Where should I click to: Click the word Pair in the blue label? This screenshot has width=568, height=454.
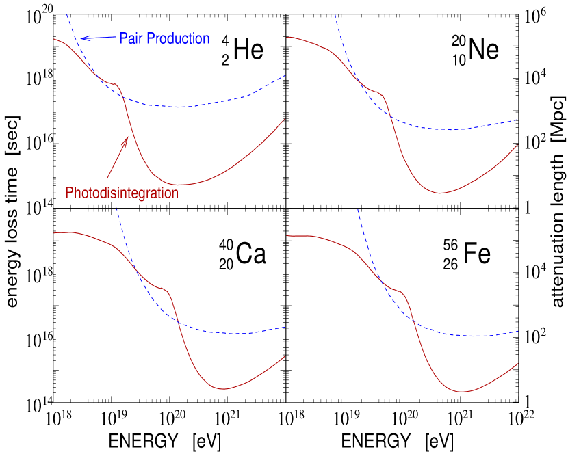pyautogui.click(x=131, y=39)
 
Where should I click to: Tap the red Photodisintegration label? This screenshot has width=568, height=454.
pyautogui.click(x=122, y=193)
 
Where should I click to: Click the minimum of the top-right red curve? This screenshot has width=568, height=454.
pyautogui.click(x=441, y=193)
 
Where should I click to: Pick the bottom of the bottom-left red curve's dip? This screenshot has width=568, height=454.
pyautogui.click(x=224, y=389)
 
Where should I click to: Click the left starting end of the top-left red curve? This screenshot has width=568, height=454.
pyautogui.click(x=55, y=39)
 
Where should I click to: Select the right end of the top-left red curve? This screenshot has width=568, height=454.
pyautogui.click(x=285, y=119)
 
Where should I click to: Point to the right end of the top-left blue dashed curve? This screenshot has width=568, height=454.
pyautogui.click(x=285, y=75)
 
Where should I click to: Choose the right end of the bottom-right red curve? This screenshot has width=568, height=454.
pyautogui.click(x=518, y=364)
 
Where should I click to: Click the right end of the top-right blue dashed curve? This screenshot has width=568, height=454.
pyautogui.click(x=518, y=119)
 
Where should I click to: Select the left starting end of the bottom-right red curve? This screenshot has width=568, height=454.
pyautogui.click(x=287, y=236)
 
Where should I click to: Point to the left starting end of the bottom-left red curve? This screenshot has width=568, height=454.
pyautogui.click(x=55, y=233)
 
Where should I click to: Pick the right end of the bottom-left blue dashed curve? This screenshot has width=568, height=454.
pyautogui.click(x=285, y=327)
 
